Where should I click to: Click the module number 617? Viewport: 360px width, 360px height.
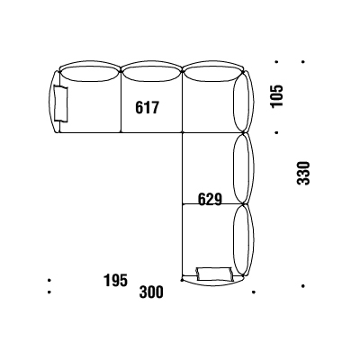[x=147, y=107]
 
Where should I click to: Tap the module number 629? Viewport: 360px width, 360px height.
[x=210, y=199]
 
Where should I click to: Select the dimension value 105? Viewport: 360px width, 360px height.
[x=276, y=96]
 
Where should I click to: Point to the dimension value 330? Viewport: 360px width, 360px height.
[x=303, y=173]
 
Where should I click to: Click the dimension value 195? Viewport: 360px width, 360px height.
[x=115, y=281]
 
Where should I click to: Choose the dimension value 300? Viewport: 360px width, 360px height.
[x=151, y=292]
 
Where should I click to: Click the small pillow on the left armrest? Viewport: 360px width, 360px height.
[x=61, y=103]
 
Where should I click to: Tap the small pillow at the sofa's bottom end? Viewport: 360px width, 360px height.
[x=214, y=274]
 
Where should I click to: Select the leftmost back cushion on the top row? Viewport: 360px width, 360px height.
[x=90, y=74]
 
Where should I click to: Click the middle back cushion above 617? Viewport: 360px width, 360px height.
[x=152, y=74]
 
